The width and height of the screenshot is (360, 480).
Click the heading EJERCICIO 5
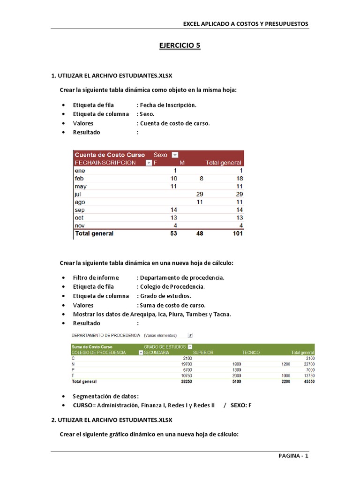point(180,45)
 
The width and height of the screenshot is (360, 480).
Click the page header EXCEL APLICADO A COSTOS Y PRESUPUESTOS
point(246,24)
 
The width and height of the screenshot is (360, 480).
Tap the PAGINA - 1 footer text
point(293,456)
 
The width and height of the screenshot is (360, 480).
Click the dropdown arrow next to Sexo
point(175,155)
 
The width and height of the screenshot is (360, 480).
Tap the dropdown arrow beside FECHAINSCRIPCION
point(149,163)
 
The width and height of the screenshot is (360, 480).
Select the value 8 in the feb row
point(201,178)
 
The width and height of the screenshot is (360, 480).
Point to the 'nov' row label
point(79,225)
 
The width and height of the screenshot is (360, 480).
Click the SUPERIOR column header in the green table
point(203,352)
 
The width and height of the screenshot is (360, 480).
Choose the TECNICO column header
point(251,352)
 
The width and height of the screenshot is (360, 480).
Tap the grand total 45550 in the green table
point(307,382)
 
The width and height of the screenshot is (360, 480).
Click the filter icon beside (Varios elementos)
point(190,336)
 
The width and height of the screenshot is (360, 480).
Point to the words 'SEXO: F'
point(241,405)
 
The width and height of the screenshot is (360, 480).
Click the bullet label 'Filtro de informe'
point(96,277)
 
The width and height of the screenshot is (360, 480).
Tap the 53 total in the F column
point(173,233)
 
